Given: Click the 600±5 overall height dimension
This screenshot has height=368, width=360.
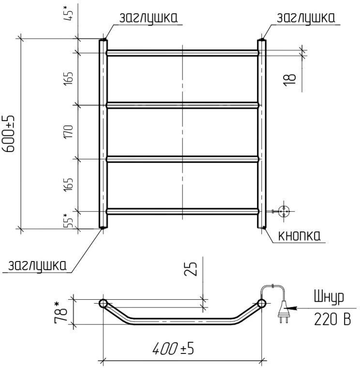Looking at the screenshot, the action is click(10, 134).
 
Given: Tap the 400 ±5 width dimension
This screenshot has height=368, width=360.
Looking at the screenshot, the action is click(173, 349).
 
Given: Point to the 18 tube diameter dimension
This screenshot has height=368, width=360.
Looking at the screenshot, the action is click(290, 80).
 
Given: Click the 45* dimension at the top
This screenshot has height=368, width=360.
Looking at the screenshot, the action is click(69, 13).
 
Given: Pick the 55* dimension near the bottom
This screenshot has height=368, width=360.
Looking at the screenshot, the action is click(69, 220).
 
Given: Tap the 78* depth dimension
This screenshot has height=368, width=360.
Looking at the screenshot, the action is click(60, 313).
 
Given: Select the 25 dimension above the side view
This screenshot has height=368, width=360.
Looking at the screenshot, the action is click(191, 268).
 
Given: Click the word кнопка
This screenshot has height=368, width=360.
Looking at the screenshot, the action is click(299, 236).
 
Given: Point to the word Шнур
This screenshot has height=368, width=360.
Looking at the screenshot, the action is click(329, 297).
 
